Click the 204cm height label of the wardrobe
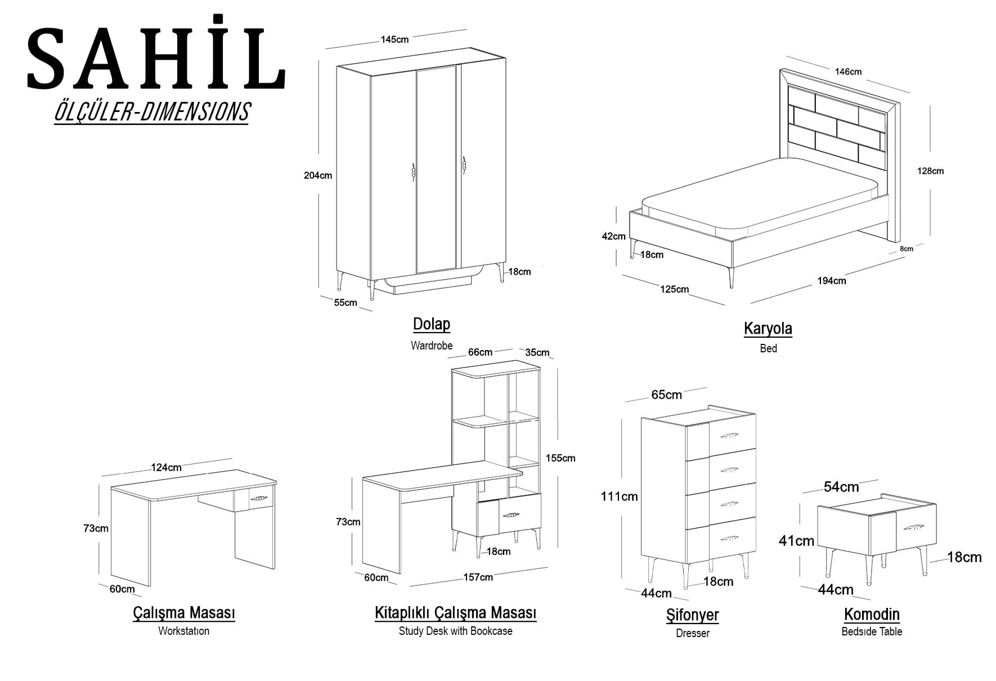[x=318, y=175]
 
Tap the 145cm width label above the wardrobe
[x=394, y=39]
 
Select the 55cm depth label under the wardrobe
[x=346, y=302]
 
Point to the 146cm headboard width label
[x=848, y=71]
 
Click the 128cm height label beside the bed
[x=930, y=171]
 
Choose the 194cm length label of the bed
[x=832, y=280]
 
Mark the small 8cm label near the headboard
[x=907, y=248]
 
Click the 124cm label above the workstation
[x=166, y=467]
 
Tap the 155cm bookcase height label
[x=560, y=458]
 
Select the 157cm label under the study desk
[x=478, y=577]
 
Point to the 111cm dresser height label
[x=619, y=496]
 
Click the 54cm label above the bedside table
[x=841, y=487]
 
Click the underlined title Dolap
[x=432, y=324]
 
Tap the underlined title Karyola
[x=768, y=329]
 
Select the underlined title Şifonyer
[x=692, y=615]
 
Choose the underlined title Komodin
[x=872, y=614]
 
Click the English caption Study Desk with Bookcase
[x=456, y=631]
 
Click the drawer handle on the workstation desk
[x=258, y=498]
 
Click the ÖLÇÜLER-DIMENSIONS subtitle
[x=151, y=111]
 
